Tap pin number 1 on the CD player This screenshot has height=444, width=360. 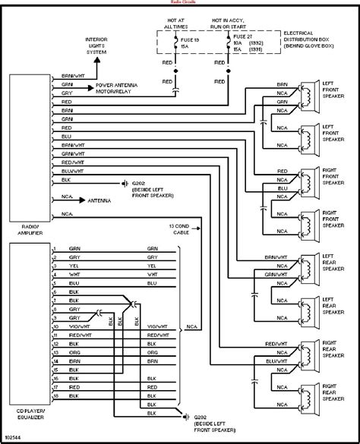pos(55,249)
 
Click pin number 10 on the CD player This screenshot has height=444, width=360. pos(55,328)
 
